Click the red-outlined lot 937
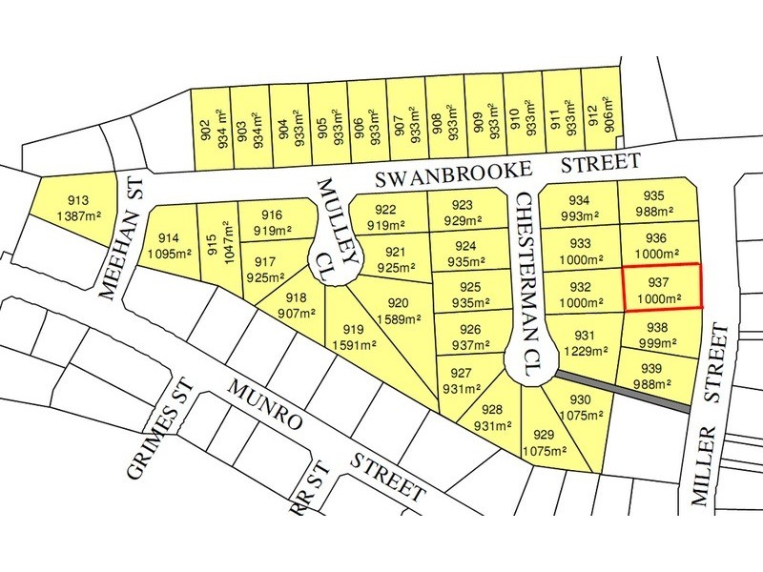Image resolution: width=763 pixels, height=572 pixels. point(662,287)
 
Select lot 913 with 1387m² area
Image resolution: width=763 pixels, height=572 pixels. point(79,206)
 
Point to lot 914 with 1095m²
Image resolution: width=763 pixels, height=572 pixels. point(169,244)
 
